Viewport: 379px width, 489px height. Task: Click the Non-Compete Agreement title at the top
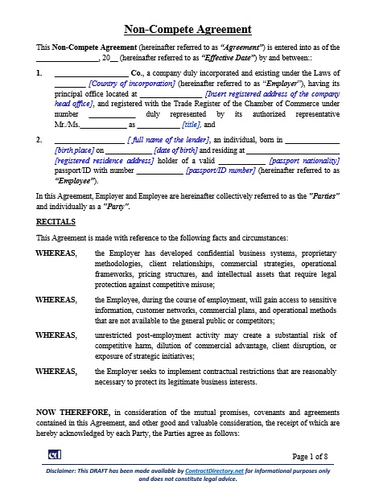pos(187,30)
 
